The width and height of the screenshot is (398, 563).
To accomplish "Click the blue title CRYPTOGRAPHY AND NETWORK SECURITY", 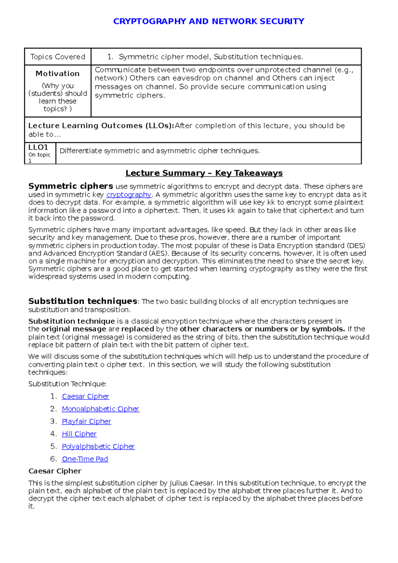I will pyautogui.click(x=209, y=22).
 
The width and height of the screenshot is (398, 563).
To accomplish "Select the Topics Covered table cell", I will pyautogui.click(x=58, y=57).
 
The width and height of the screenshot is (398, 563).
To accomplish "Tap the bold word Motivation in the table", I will pyautogui.click(x=58, y=74).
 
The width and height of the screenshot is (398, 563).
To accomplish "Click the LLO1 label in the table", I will pyautogui.click(x=38, y=147).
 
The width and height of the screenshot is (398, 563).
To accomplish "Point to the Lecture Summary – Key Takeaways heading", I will pyautogui.click(x=204, y=173).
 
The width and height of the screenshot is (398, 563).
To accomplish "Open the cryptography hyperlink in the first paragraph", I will pyautogui.click(x=129, y=195).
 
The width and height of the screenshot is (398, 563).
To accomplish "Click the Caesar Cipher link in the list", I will pyautogui.click(x=85, y=396).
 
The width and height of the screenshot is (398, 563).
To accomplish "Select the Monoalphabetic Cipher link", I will pyautogui.click(x=100, y=409).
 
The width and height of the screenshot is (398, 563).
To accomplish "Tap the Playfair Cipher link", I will pyautogui.click(x=86, y=421).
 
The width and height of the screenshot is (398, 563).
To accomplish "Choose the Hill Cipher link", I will pyautogui.click(x=79, y=434).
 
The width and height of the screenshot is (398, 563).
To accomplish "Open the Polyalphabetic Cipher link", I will pyautogui.click(x=98, y=447).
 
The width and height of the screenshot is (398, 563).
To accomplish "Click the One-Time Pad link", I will pyautogui.click(x=85, y=459).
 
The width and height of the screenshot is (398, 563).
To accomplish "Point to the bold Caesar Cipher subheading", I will pyautogui.click(x=55, y=471).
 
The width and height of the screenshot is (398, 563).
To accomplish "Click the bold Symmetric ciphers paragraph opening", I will pyautogui.click(x=71, y=186).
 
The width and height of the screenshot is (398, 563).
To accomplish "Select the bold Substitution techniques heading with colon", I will pyautogui.click(x=83, y=301).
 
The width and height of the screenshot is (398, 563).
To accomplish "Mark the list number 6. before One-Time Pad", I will pyautogui.click(x=54, y=459).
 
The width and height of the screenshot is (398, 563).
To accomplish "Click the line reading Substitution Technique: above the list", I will pyautogui.click(x=67, y=384).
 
